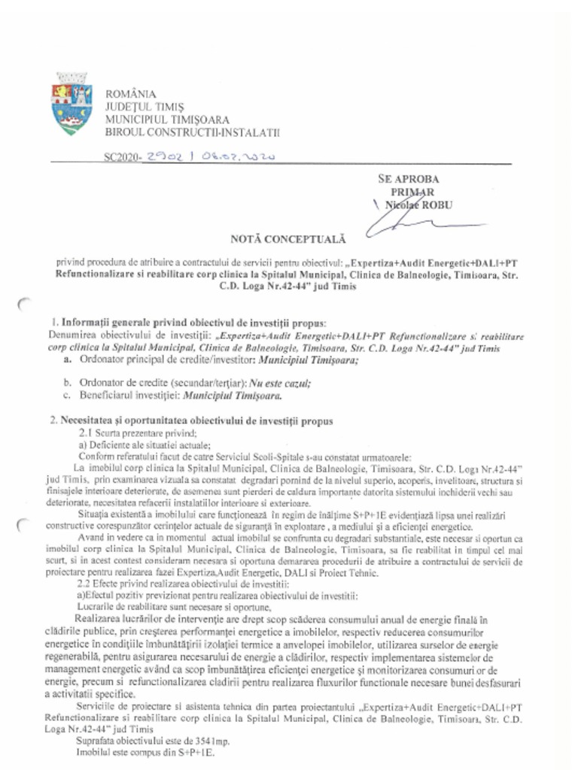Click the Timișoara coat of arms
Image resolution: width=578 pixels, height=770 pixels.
tap(71, 105)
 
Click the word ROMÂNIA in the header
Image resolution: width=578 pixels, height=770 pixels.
tap(131, 94)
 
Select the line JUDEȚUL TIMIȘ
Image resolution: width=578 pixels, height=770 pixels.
tap(144, 107)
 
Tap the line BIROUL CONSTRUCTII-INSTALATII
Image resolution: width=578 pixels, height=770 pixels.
tap(192, 132)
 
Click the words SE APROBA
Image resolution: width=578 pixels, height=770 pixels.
tap(409, 179)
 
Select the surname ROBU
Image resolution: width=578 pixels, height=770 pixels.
tap(437, 205)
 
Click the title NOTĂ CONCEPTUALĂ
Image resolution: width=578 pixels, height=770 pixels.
tap(288, 239)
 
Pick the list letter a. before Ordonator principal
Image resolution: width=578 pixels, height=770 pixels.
tap(68, 360)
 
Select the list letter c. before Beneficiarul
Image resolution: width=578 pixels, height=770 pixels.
tap(68, 396)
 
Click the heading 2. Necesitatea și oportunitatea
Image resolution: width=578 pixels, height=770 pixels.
tap(191, 421)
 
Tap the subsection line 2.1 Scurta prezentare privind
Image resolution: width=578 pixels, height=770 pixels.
tap(138, 434)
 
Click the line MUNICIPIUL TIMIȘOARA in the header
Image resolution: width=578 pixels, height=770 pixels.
tap(167, 120)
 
